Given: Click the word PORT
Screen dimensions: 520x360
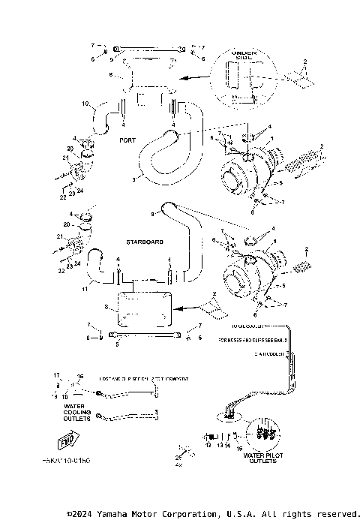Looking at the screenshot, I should point(127,140).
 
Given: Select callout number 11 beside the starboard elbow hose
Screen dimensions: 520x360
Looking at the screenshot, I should point(85,289).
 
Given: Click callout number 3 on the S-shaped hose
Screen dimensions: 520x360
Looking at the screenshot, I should point(133,180).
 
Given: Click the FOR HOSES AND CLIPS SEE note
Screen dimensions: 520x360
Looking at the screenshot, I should point(252,340).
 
